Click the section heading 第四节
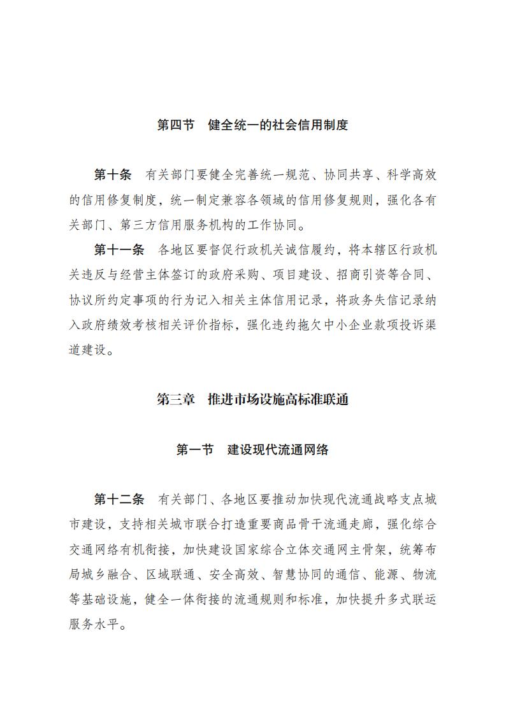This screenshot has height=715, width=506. (x=176, y=125)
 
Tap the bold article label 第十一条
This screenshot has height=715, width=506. (x=119, y=250)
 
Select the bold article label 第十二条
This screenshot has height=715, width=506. (x=119, y=499)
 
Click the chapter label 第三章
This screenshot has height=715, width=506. (x=176, y=400)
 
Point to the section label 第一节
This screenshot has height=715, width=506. (x=195, y=450)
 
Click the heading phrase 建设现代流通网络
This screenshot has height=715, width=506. (x=278, y=450)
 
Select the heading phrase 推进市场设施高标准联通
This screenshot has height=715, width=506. (x=278, y=400)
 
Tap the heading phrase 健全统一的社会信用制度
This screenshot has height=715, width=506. (x=278, y=125)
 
